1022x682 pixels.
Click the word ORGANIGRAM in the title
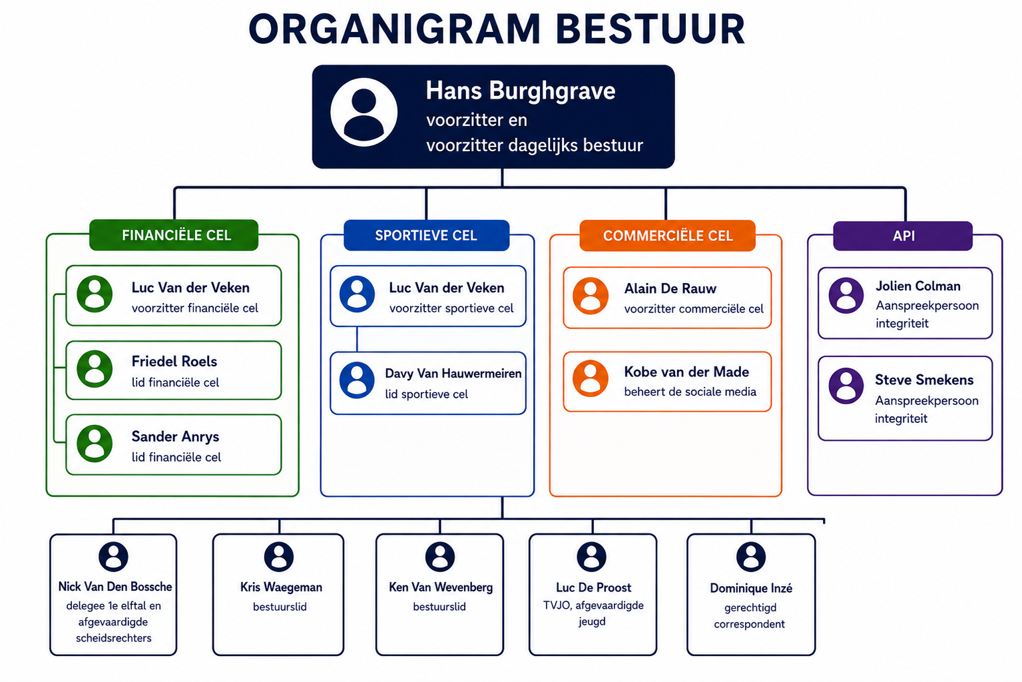click(395, 29)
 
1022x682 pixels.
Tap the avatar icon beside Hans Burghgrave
click(364, 113)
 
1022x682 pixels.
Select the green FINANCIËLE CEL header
click(174, 235)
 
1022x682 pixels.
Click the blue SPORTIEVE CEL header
click(426, 235)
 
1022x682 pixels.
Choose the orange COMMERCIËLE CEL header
click(668, 236)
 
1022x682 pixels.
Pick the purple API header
click(903, 236)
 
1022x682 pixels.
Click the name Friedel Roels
click(174, 362)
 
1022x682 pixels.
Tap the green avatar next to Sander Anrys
click(95, 444)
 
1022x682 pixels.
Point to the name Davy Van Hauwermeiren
click(453, 374)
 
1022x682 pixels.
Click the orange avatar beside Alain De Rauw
click(591, 296)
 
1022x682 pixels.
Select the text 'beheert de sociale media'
click(690, 392)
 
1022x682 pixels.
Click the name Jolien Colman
click(918, 286)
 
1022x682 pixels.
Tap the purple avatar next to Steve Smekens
click(846, 386)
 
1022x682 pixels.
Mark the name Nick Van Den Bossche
click(115, 587)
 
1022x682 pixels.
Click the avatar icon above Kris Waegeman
click(279, 557)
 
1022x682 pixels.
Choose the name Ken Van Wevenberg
click(441, 587)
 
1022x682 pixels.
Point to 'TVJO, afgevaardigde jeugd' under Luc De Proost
click(593, 613)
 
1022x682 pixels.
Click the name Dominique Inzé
click(751, 588)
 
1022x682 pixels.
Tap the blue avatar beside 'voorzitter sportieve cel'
click(358, 294)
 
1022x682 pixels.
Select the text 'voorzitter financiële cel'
click(195, 308)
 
